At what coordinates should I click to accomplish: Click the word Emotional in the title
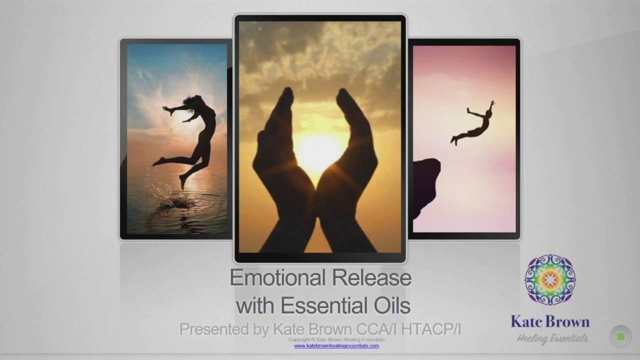click(x=277, y=277)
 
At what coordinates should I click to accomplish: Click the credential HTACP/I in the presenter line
click(x=431, y=329)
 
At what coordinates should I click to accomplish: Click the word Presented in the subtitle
click(x=214, y=329)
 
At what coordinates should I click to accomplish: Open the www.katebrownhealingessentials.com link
click(x=336, y=345)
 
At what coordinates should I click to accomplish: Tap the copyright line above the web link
click(x=336, y=339)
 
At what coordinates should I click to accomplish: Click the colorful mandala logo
click(x=550, y=279)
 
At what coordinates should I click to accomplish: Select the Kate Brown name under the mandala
click(x=550, y=321)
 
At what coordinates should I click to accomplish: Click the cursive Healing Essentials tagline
click(x=552, y=339)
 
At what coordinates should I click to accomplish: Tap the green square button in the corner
click(x=620, y=336)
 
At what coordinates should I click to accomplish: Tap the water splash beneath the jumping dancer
click(x=171, y=197)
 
